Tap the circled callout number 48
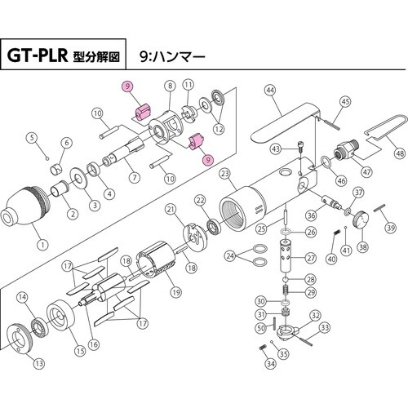tap(399, 153)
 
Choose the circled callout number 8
tap(170, 86)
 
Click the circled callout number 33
tap(325, 328)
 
